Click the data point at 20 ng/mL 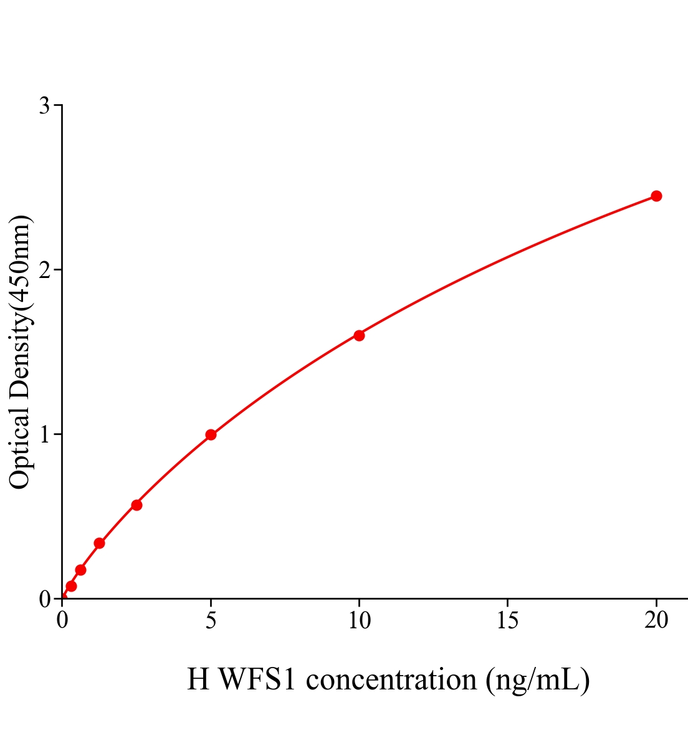656,196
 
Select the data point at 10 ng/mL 359,335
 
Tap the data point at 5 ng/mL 211,434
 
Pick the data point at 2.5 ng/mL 136,505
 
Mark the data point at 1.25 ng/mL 99,543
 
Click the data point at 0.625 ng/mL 80,570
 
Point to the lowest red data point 71,586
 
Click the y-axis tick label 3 44,106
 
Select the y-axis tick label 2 44,270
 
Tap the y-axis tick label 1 44,434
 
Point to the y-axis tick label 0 44,599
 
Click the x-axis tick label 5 211,620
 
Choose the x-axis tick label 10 359,620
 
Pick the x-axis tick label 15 508,620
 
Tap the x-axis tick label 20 656,620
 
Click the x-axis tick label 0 62,620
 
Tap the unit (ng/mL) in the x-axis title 538,680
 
